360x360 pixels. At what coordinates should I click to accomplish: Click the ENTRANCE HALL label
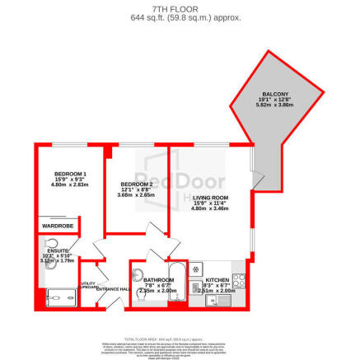tap(112, 289)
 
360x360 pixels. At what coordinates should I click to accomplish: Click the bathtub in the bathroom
tap(177, 288)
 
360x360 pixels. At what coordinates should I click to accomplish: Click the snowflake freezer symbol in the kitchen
tap(196, 269)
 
